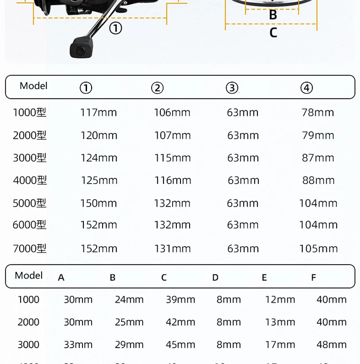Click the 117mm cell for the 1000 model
pos(98,113)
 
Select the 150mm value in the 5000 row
pos(99,203)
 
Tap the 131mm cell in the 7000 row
pos(172,249)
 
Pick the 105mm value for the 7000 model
pos(318,249)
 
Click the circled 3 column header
pos(232,88)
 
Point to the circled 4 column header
pos(307,88)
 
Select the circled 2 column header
pos(157,88)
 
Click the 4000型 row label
pos(30,181)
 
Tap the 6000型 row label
pos(30,225)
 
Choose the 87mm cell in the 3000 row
pos(318,158)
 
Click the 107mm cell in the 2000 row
pos(172,135)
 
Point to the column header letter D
pos(216,277)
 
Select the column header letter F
pos(313,277)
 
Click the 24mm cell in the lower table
pos(129,300)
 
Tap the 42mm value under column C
pos(180,322)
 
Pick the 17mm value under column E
pos(280,344)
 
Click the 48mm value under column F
pos(331,344)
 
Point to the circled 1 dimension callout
pos(116,29)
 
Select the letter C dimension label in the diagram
pos(273,33)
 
